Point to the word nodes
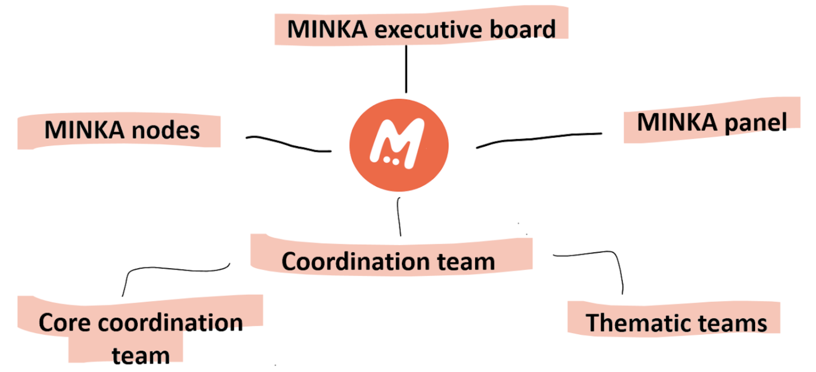(166, 131)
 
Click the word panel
(756, 123)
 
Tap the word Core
(65, 323)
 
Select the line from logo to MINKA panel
(537, 139)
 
